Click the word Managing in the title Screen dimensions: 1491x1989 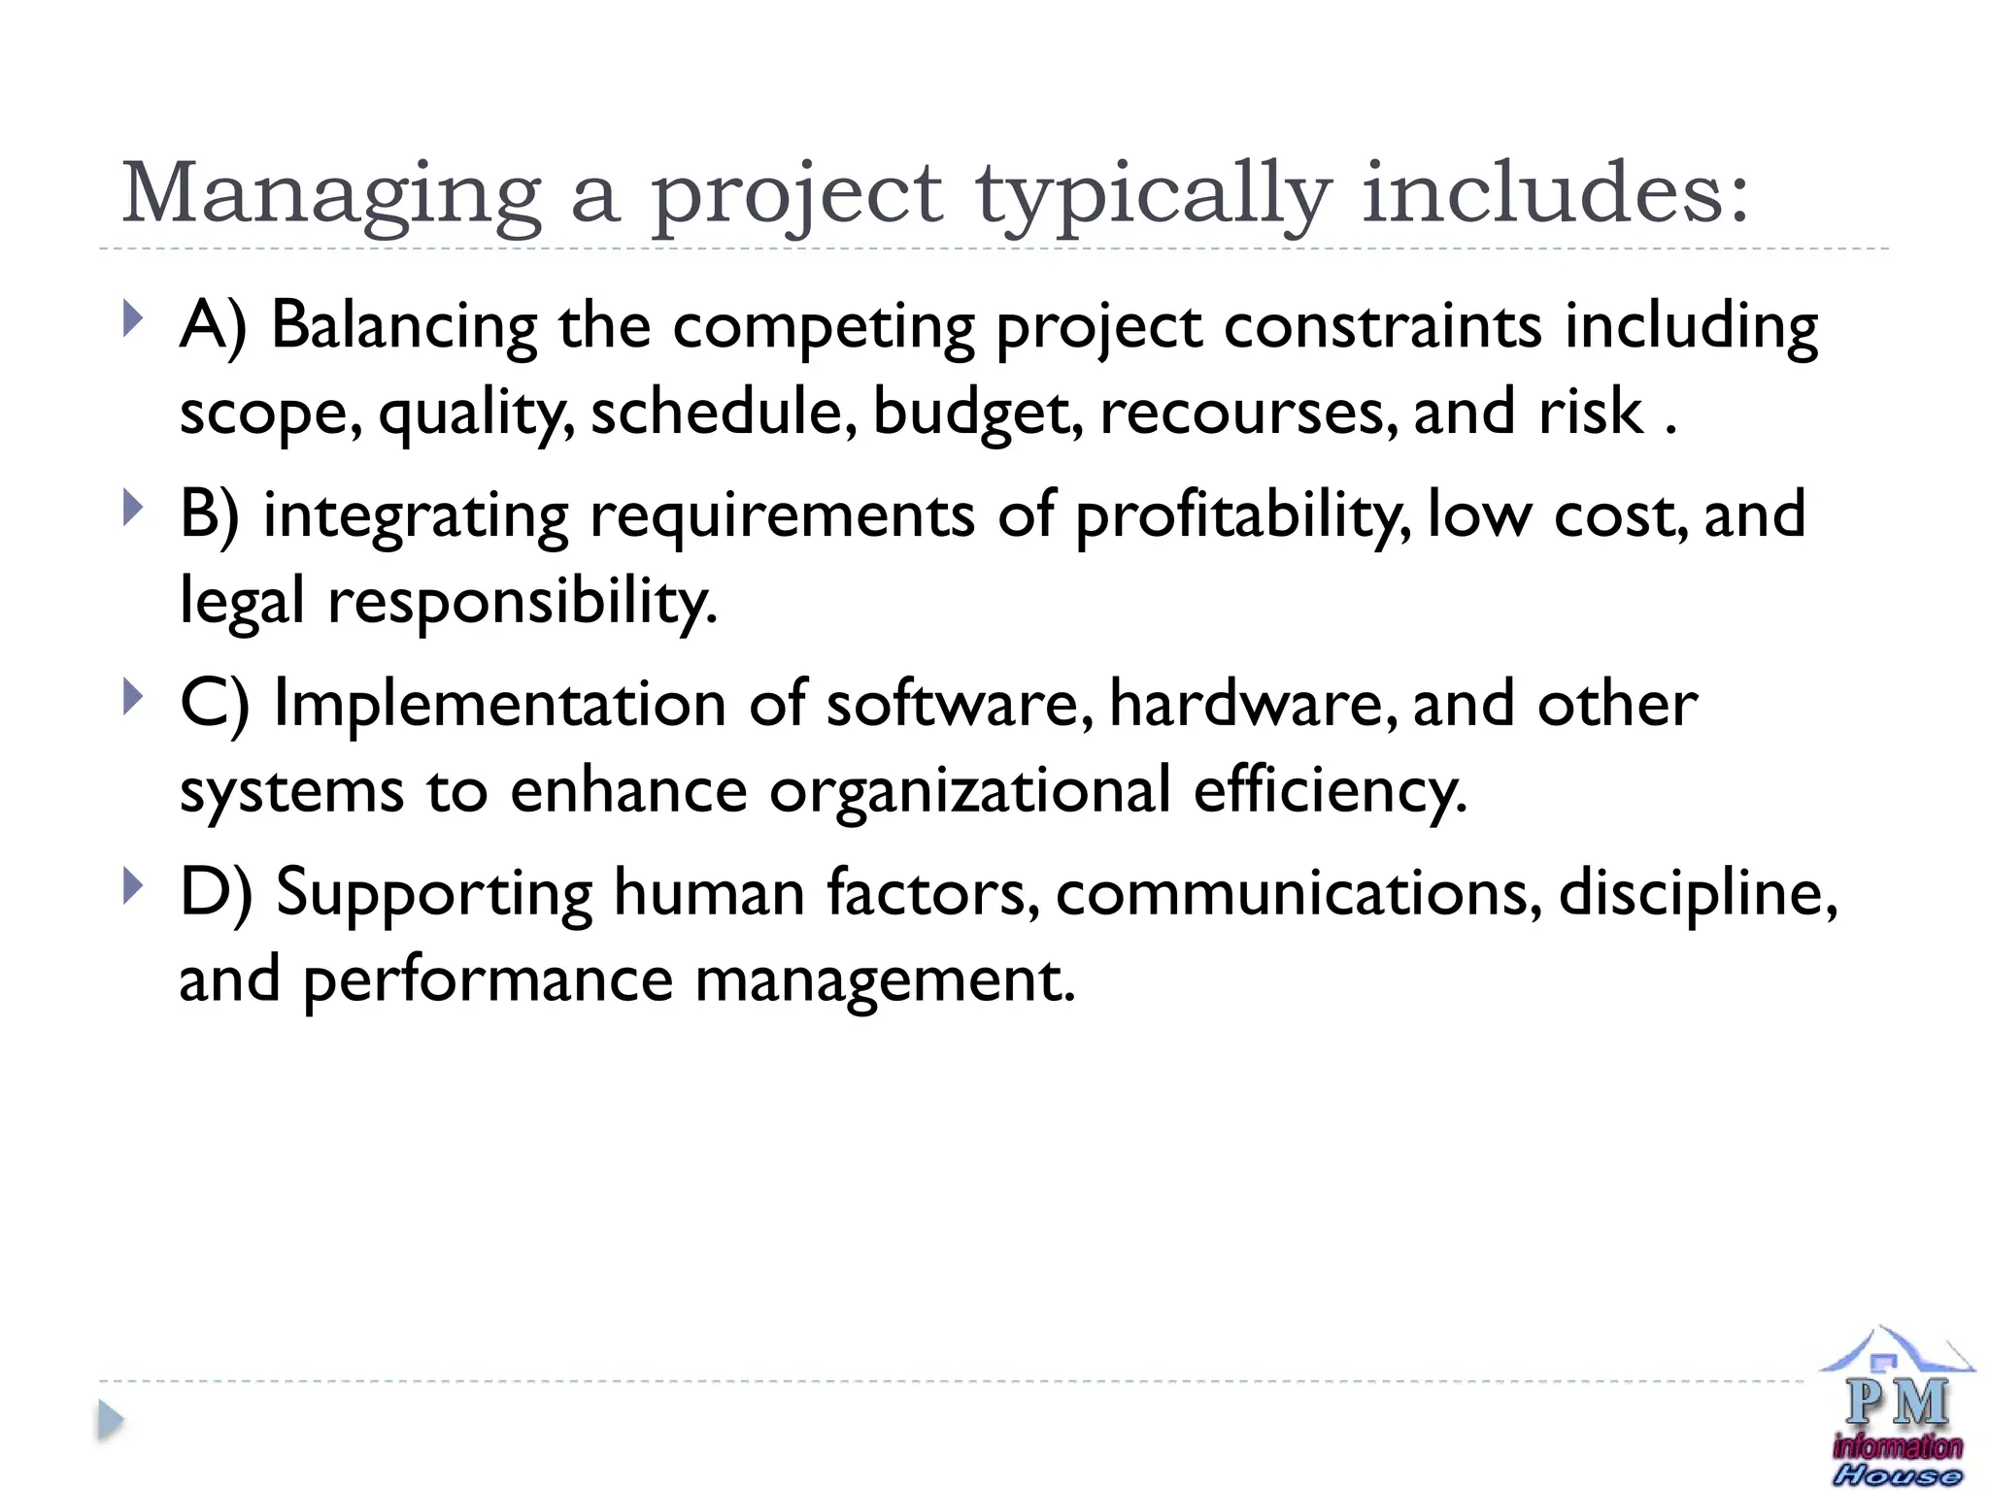point(330,194)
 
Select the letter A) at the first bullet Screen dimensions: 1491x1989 point(214,325)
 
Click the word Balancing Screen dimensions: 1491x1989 point(403,325)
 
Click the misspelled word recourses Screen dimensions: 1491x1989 point(1248,412)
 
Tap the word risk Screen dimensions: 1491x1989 point(1590,412)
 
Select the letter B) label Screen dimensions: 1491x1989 point(210,514)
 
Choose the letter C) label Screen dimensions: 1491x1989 point(214,704)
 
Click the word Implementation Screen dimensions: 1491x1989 point(500,704)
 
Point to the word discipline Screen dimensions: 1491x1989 point(1698,892)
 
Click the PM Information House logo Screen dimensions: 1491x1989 point(1896,1408)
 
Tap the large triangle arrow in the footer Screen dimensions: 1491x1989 point(111,1421)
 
